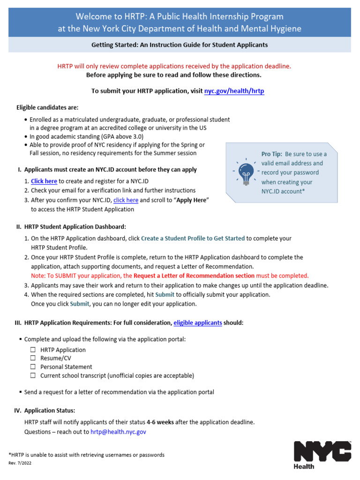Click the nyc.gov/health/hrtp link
click(x=234, y=91)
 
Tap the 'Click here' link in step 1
click(x=44, y=181)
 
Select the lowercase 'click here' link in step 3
click(x=126, y=200)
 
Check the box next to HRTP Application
click(x=33, y=350)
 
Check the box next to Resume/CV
click(x=33, y=358)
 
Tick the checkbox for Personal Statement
click(x=33, y=367)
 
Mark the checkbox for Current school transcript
click(x=33, y=375)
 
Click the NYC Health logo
click(x=322, y=454)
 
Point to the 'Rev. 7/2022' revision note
click(x=19, y=463)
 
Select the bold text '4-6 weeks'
click(x=160, y=422)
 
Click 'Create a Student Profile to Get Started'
click(x=193, y=238)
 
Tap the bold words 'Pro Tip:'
click(x=271, y=154)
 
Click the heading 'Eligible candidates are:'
click(x=47, y=107)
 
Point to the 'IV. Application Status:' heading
click(x=45, y=410)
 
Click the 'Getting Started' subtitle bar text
click(x=180, y=45)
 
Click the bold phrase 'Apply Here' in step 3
click(x=192, y=200)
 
